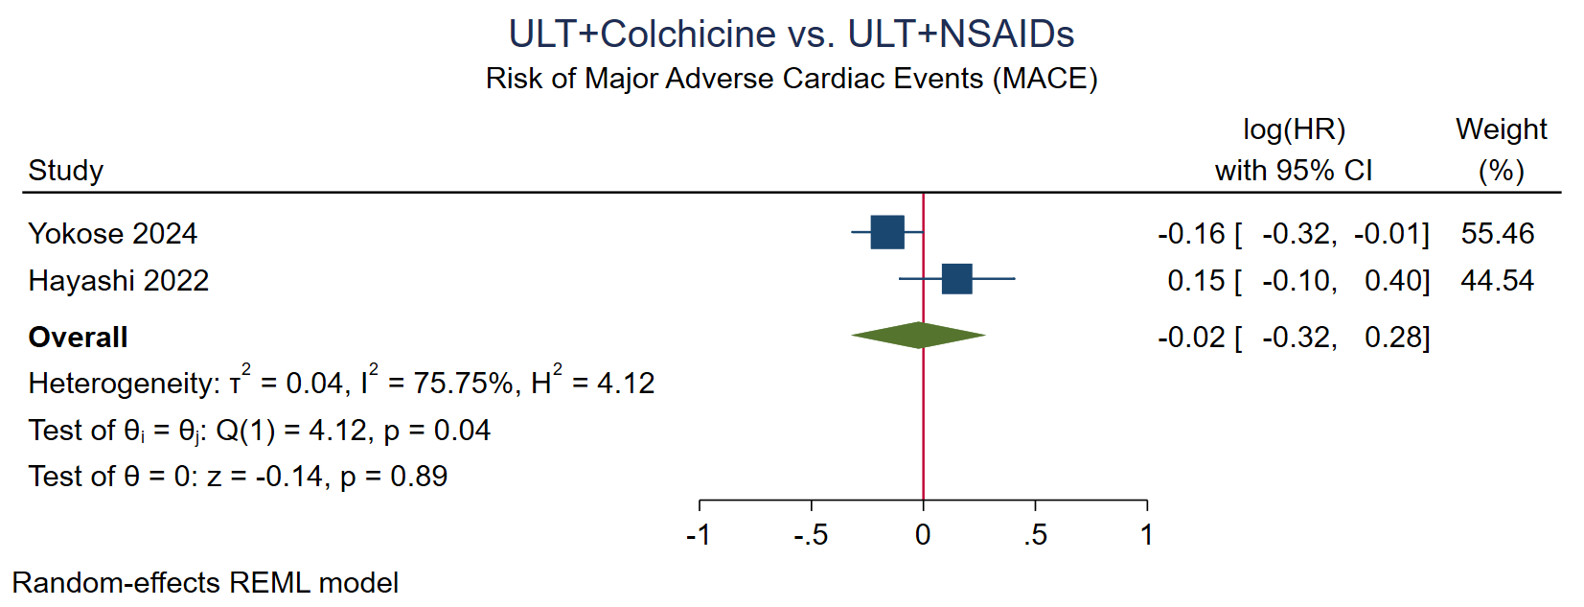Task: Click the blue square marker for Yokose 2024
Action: (x=887, y=232)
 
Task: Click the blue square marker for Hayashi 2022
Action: (x=956, y=279)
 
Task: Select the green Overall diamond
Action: (x=918, y=335)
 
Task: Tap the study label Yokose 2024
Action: (x=112, y=233)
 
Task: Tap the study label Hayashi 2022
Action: (x=118, y=280)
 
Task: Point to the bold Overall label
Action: (x=78, y=337)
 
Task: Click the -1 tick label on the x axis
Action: (x=699, y=534)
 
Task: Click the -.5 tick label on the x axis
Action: (x=810, y=534)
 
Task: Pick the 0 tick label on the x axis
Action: (x=923, y=534)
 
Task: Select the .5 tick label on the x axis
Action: (x=1034, y=534)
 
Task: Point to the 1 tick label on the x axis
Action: (x=1146, y=534)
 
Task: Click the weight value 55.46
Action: (x=1497, y=233)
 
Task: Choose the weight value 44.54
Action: (x=1497, y=280)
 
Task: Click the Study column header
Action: (x=65, y=170)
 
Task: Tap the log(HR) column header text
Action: (x=1294, y=128)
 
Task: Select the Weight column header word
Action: (x=1501, y=128)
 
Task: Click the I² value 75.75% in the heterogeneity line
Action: (x=463, y=383)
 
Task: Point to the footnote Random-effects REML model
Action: (x=205, y=582)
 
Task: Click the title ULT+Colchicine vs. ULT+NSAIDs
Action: (x=791, y=34)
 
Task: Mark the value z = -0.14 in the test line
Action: (x=264, y=476)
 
